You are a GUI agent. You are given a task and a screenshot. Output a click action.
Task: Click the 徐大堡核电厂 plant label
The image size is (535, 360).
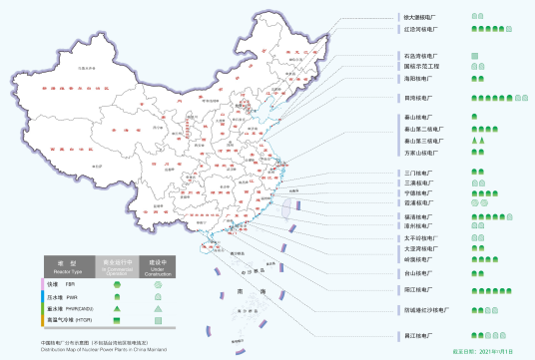coord(417,18)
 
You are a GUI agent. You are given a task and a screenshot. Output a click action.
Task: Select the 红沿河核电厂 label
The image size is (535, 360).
coord(416,31)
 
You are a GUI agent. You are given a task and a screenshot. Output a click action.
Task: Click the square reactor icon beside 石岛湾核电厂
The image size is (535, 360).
coord(474,56)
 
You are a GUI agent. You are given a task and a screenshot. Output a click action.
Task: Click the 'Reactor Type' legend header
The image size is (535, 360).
coord(68,264)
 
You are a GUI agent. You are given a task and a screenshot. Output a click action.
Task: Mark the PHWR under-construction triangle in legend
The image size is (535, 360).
coord(158,309)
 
